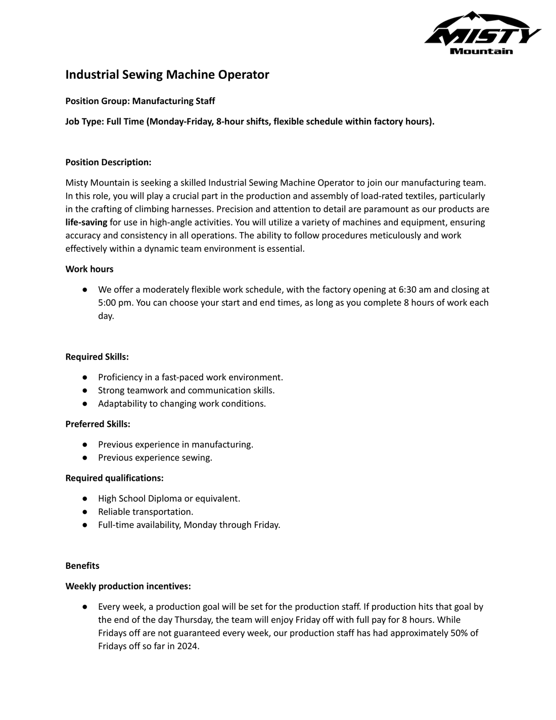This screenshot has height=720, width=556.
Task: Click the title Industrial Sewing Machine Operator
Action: (167, 75)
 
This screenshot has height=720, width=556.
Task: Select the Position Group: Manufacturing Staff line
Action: (140, 101)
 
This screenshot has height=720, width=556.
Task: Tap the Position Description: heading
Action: (108, 162)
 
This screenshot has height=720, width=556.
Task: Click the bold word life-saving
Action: (86, 222)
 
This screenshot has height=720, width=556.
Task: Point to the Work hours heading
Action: (89, 269)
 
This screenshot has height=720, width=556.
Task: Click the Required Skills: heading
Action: (97, 357)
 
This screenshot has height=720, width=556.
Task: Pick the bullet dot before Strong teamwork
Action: (86, 390)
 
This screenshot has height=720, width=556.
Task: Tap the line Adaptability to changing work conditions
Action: (182, 403)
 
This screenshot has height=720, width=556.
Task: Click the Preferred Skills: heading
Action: (98, 424)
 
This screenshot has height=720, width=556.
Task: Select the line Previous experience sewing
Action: (155, 458)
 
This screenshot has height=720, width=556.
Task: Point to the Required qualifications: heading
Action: (114, 478)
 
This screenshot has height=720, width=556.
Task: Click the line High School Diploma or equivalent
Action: (169, 499)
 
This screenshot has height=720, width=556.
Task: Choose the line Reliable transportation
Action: (146, 512)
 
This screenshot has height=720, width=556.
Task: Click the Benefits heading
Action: (82, 566)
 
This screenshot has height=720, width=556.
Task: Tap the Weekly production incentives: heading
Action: (128, 587)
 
